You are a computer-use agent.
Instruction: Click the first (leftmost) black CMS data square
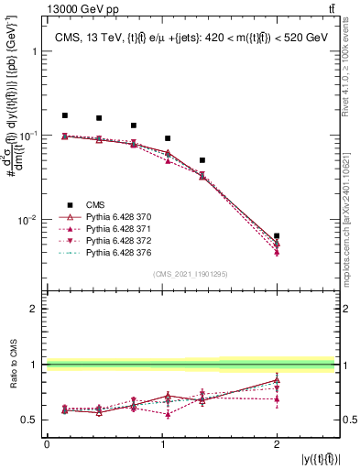[x=64, y=115]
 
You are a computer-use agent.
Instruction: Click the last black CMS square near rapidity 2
[x=277, y=235]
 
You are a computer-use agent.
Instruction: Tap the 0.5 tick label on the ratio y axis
[x=30, y=420]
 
